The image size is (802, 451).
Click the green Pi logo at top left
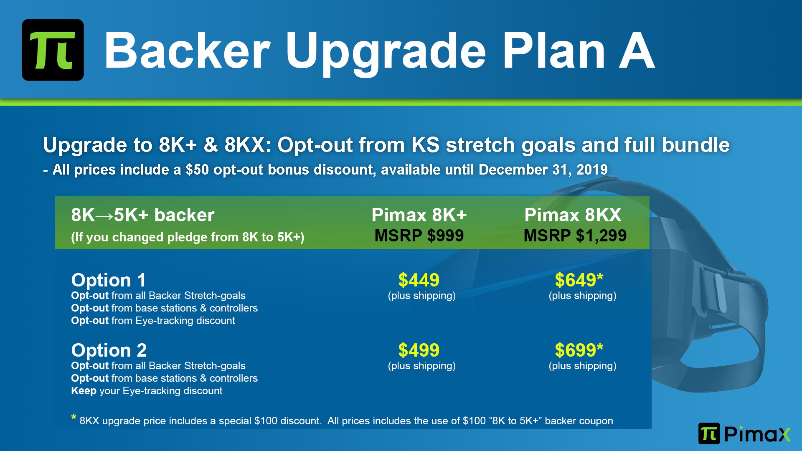53,50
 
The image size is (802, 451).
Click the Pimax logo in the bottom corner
744,433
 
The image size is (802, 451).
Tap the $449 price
419,280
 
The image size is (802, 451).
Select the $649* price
579,280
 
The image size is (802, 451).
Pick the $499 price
419,350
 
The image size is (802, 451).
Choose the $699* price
579,350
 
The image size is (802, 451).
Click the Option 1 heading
109,280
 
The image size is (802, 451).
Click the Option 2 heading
109,350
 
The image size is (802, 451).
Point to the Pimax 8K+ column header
419,215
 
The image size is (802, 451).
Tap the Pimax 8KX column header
573,215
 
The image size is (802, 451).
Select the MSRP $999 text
419,236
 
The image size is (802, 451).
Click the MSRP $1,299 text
575,236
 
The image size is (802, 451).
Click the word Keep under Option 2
84,391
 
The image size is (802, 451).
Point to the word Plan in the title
554,51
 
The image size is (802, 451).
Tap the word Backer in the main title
188,51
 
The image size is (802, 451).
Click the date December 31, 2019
543,170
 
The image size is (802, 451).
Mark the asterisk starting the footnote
74,417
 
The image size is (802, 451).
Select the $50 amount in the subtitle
197,170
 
